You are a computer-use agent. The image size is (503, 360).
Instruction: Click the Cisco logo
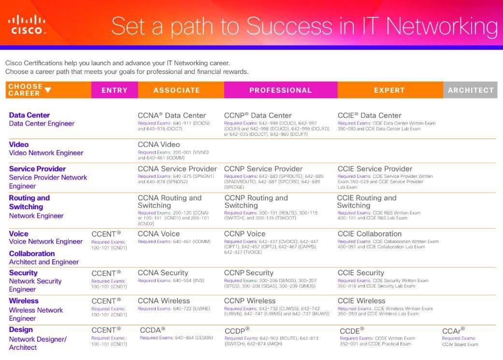27,24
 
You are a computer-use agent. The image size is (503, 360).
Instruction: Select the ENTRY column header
115,90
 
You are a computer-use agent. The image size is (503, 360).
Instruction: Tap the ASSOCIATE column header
176,90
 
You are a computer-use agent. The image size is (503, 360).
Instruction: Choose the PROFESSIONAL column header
280,90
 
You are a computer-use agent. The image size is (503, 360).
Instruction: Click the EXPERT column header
389,90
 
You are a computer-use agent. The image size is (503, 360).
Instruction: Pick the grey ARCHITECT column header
471,90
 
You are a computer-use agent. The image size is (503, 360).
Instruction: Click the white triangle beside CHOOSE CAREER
48,89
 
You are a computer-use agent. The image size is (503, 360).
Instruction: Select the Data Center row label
29,115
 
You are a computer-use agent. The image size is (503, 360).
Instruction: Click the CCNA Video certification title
158,144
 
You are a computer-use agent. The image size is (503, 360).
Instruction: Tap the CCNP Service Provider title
263,169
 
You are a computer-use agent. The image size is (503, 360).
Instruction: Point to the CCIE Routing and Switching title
366,202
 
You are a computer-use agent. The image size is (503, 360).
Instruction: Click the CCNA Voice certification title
158,233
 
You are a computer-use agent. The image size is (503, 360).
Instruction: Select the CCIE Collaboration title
369,233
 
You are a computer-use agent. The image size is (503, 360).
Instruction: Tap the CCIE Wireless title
361,301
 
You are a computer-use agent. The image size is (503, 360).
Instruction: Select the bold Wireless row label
24,301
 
